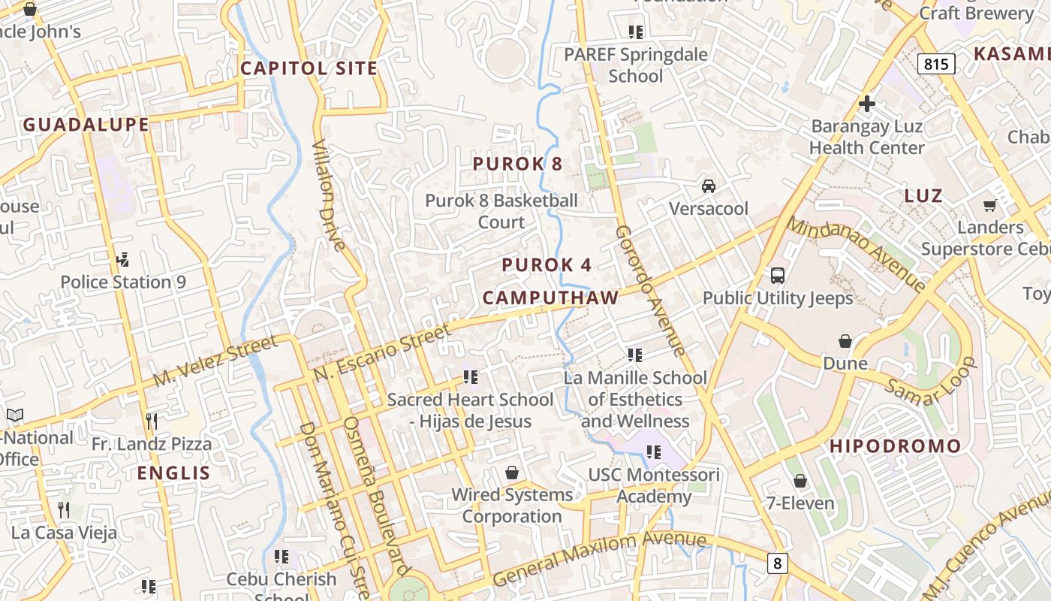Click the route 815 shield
(936, 64)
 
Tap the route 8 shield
(777, 562)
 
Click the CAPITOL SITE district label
(309, 68)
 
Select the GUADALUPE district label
(86, 125)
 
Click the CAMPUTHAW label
(550, 297)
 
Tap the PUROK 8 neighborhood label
(517, 164)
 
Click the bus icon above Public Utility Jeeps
(778, 276)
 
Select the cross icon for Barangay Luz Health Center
(867, 104)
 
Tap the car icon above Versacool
(708, 186)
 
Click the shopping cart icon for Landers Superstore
(989, 205)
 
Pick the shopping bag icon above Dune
(845, 341)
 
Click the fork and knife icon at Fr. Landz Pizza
(152, 421)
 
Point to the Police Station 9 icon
(123, 260)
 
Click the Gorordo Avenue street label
(650, 291)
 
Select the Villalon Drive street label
(329, 195)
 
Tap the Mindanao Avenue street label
(856, 254)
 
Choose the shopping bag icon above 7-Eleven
(800, 481)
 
